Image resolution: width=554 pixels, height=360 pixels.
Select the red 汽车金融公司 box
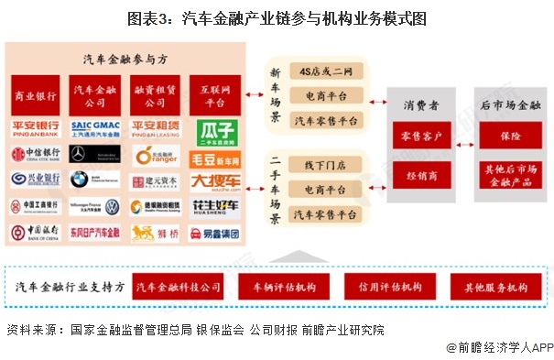click(95, 96)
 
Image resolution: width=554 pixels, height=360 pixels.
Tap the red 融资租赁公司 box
click(155, 96)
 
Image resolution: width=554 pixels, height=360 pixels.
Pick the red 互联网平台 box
click(215, 96)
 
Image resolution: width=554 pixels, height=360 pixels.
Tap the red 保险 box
click(505, 137)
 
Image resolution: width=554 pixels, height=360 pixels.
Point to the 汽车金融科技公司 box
click(179, 287)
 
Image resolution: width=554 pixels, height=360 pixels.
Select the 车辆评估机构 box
click(284, 287)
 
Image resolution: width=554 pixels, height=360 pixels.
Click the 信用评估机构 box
click(391, 287)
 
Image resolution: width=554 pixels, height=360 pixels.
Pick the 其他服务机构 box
click(495, 287)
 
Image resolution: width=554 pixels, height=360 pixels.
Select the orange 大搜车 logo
click(216, 180)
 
